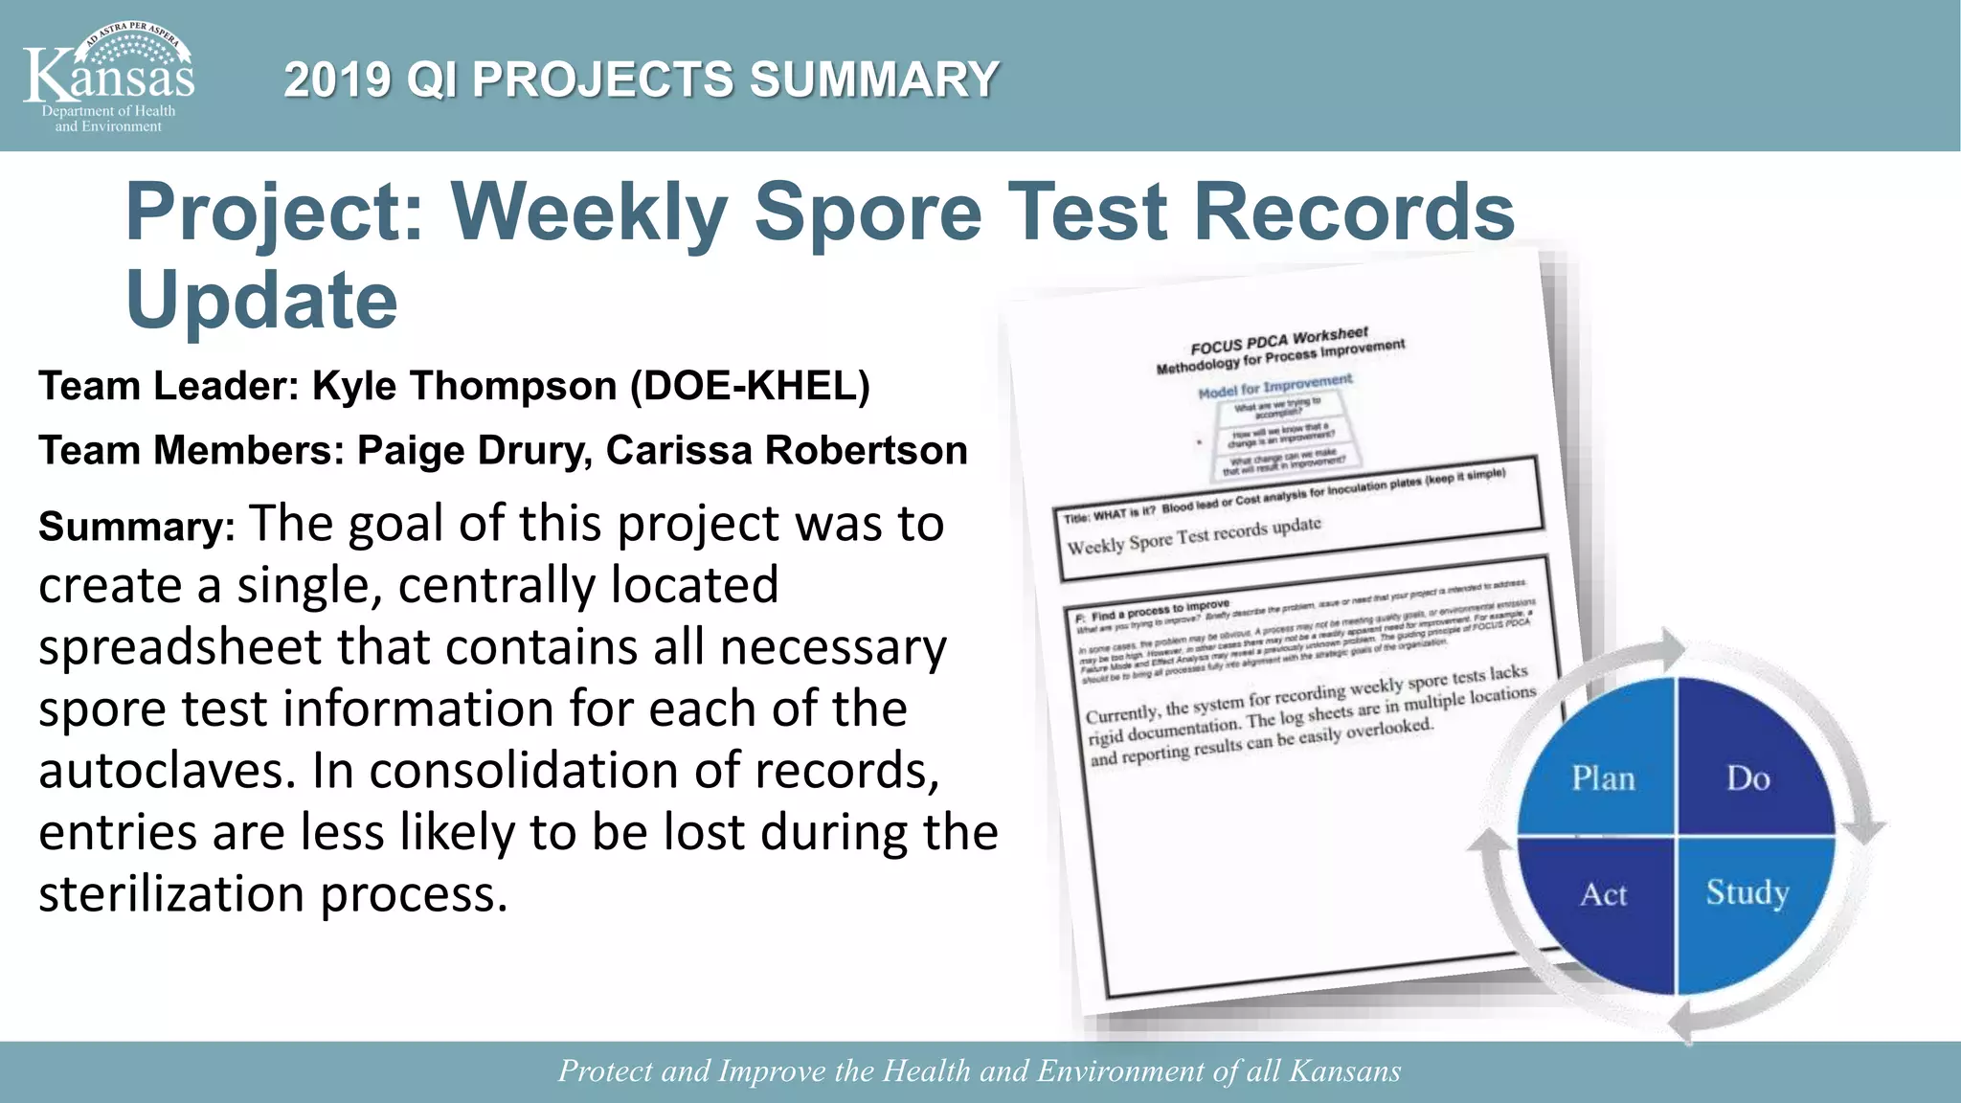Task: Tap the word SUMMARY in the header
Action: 874,79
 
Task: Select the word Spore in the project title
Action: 868,212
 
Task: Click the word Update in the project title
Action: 261,300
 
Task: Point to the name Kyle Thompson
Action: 464,386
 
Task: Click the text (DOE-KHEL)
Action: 750,386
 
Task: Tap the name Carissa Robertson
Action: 786,450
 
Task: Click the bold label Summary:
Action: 136,527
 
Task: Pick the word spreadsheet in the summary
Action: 180,647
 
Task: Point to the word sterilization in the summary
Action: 171,894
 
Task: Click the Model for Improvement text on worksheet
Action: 1275,386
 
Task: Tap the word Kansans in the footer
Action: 1345,1070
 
